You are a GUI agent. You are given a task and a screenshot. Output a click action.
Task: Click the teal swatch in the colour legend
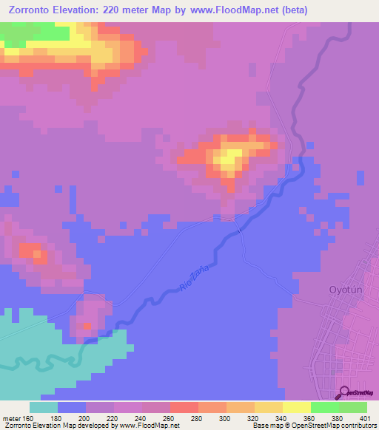(x=44, y=407)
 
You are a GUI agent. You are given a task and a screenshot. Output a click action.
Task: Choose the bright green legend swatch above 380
(x=324, y=407)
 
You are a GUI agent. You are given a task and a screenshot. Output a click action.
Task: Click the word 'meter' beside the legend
(x=11, y=417)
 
